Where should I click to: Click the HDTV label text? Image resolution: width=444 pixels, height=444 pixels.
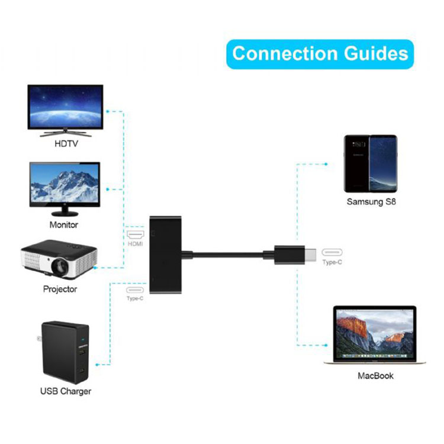tap(66, 144)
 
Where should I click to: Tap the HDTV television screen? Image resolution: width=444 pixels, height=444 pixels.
tap(65, 107)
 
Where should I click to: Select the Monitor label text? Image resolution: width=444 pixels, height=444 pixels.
tap(64, 225)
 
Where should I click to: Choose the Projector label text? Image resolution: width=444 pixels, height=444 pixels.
tap(60, 289)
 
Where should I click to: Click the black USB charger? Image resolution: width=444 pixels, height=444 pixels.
tap(65, 352)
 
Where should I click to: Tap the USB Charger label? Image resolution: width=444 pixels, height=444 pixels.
tap(66, 391)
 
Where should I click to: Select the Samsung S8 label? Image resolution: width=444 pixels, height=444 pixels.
tap(371, 202)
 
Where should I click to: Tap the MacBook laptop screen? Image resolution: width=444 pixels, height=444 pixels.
tap(375, 333)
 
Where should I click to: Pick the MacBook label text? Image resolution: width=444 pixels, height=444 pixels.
tap(375, 376)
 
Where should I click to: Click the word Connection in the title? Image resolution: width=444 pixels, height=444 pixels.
tap(285, 53)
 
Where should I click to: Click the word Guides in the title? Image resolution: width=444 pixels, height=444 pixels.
tap(376, 53)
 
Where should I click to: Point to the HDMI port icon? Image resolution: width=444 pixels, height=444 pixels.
tap(136, 234)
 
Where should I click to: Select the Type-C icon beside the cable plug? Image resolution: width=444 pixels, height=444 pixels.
tap(332, 252)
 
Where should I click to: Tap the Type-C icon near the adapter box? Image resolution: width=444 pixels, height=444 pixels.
tap(135, 290)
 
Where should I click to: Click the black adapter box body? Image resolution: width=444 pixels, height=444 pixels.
tap(165, 255)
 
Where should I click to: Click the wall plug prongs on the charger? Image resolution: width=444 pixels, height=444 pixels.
tap(39, 338)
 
